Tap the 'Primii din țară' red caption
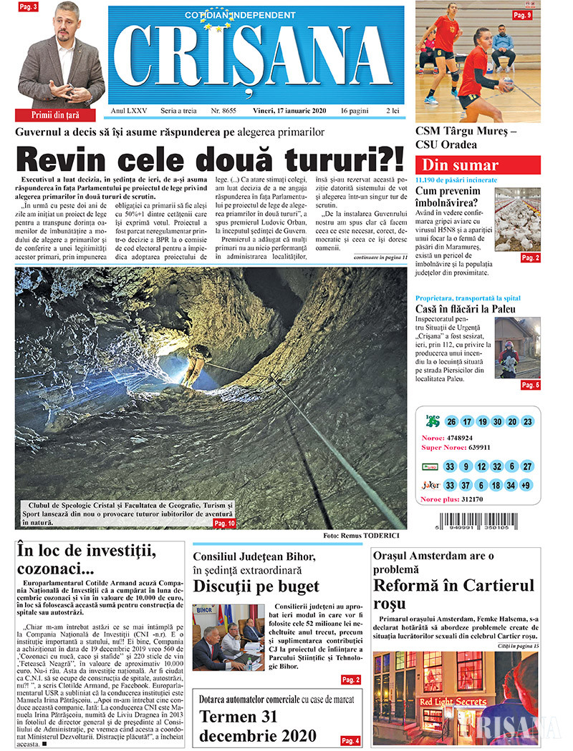55,114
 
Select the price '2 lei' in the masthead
393,111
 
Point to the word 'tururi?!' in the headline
322,158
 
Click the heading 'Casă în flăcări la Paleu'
476,309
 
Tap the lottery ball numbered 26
451,422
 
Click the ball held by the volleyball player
507,84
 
